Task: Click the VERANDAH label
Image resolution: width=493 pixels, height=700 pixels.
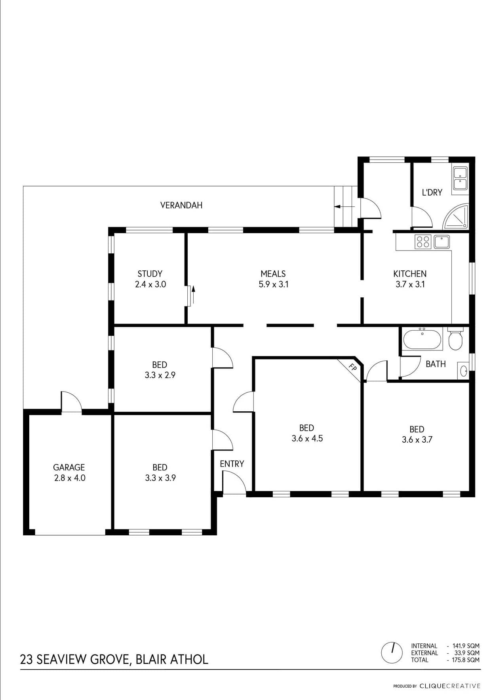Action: [x=181, y=205]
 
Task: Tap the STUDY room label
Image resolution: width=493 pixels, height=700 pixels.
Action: [x=150, y=274]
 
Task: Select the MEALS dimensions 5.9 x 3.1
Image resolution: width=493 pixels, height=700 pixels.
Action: [x=273, y=284]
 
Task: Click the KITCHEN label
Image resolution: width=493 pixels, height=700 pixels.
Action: [x=410, y=274]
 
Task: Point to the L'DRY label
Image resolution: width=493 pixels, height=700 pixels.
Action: [x=432, y=192]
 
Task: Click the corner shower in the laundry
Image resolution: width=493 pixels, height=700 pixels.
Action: [x=456, y=217]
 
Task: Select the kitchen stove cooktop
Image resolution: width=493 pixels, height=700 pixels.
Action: [x=423, y=242]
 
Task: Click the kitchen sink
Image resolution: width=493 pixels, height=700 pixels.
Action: [x=442, y=242]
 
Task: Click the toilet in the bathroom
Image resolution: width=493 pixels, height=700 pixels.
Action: [x=455, y=339]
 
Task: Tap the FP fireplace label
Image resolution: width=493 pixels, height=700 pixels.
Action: [x=352, y=367]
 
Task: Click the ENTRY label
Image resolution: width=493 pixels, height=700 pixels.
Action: [x=232, y=464]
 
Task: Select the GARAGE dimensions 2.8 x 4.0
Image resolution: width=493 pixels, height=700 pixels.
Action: [x=70, y=478]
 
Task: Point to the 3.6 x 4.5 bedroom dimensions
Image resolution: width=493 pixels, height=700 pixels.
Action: [x=307, y=438]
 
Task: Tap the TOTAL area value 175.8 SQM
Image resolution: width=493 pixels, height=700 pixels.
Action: [x=466, y=660]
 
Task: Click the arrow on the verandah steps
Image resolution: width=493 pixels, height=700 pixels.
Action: [x=345, y=206]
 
